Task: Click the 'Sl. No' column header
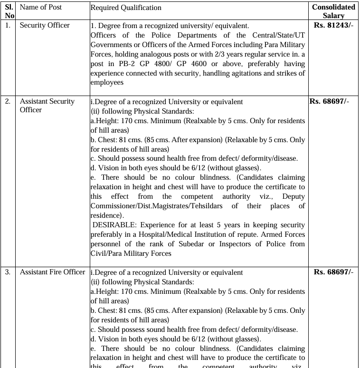tap(9, 11)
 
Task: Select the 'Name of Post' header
tap(40, 8)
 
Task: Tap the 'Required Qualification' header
tap(126, 8)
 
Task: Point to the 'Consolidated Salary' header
tap(333, 11)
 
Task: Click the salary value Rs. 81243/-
tap(333, 25)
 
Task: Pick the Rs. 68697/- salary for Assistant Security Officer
tap(329, 101)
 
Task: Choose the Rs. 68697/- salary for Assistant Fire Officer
tap(333, 272)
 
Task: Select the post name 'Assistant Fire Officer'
tap(52, 272)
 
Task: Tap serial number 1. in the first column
tap(8, 25)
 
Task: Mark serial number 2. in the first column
tap(8, 101)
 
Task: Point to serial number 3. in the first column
tap(8, 272)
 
